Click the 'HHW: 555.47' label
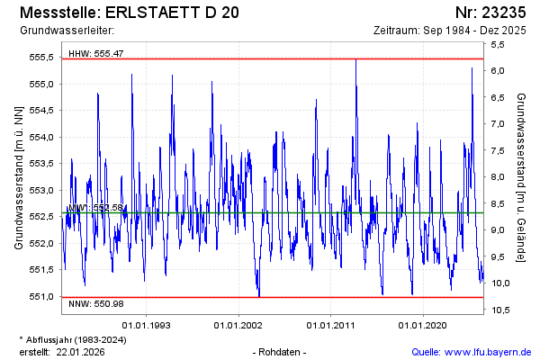click(x=95, y=54)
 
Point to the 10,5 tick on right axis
click(x=501, y=310)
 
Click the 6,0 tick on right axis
click(x=499, y=71)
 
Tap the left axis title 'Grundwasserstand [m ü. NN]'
click(x=19, y=177)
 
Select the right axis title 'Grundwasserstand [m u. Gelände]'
click(x=521, y=177)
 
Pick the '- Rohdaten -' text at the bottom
click(x=281, y=351)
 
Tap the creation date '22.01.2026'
click(x=82, y=351)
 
